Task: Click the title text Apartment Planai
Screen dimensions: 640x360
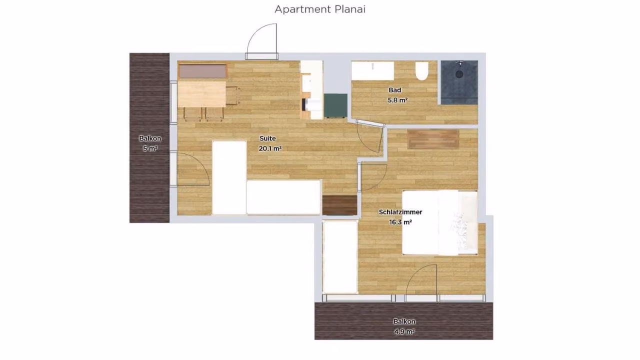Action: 320,9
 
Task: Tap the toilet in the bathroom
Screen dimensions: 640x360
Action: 421,71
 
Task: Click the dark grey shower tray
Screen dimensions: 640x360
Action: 459,82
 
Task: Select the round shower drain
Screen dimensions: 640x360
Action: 459,74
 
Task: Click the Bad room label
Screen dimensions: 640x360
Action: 395,90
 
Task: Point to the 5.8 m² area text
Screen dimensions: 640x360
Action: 397,100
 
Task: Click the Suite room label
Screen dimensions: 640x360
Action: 267,138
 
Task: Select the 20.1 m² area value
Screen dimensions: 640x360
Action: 270,148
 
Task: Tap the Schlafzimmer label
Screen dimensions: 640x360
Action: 400,212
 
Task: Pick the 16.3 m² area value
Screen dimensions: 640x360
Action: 400,222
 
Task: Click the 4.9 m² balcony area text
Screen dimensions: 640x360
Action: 404,331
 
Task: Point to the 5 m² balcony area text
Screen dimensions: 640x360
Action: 150,148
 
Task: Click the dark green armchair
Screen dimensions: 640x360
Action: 335,105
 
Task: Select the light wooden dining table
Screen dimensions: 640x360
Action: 201,94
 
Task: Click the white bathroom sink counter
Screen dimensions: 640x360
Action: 372,70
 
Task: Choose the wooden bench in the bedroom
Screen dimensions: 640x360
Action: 433,139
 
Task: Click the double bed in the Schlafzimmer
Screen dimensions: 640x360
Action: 439,222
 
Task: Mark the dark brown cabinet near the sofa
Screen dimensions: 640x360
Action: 340,205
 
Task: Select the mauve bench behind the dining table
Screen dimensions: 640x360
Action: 202,71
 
